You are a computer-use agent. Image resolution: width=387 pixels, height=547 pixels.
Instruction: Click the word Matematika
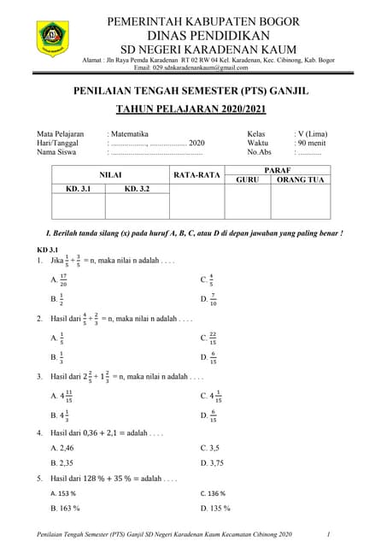[x=129, y=134]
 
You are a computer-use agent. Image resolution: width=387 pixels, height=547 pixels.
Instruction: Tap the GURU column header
[x=247, y=180]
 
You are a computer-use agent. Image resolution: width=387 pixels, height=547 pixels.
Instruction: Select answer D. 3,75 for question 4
[x=214, y=462]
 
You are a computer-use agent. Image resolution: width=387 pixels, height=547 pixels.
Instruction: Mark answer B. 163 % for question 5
[x=65, y=509]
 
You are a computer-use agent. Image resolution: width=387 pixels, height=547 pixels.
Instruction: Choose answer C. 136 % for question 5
[x=213, y=493]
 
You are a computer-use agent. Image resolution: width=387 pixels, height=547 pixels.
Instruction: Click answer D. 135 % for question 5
[x=215, y=509]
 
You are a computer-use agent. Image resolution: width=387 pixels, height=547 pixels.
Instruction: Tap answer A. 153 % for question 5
[x=63, y=493]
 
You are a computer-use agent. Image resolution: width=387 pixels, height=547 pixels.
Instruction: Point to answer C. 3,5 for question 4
[x=210, y=447]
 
